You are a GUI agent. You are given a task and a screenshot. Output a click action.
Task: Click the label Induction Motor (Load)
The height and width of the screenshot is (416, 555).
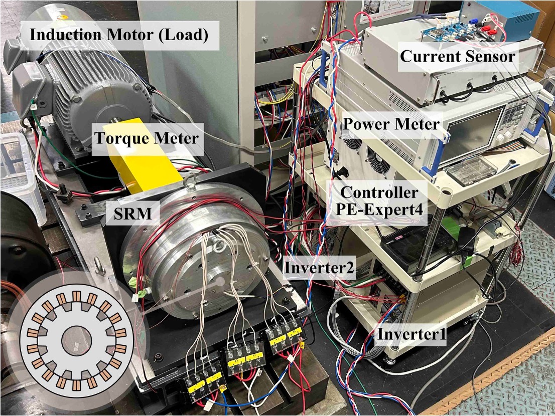pyautogui.click(x=118, y=35)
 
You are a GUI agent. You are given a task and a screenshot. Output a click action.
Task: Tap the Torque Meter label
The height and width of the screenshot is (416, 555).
pyautogui.click(x=146, y=138)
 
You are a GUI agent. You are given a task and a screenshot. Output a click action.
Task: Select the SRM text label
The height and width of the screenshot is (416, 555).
pyautogui.click(x=133, y=213)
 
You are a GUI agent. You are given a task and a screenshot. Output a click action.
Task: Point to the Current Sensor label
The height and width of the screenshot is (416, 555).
pyautogui.click(x=457, y=56)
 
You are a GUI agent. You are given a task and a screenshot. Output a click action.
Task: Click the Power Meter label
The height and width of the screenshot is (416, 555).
pyautogui.click(x=391, y=124)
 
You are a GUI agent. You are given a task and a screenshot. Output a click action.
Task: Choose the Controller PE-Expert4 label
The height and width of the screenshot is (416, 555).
pyautogui.click(x=379, y=201)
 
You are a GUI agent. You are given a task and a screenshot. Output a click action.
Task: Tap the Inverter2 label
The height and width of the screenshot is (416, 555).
pyautogui.click(x=319, y=267)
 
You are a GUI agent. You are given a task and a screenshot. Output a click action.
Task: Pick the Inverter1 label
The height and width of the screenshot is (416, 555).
pyautogui.click(x=411, y=334)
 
